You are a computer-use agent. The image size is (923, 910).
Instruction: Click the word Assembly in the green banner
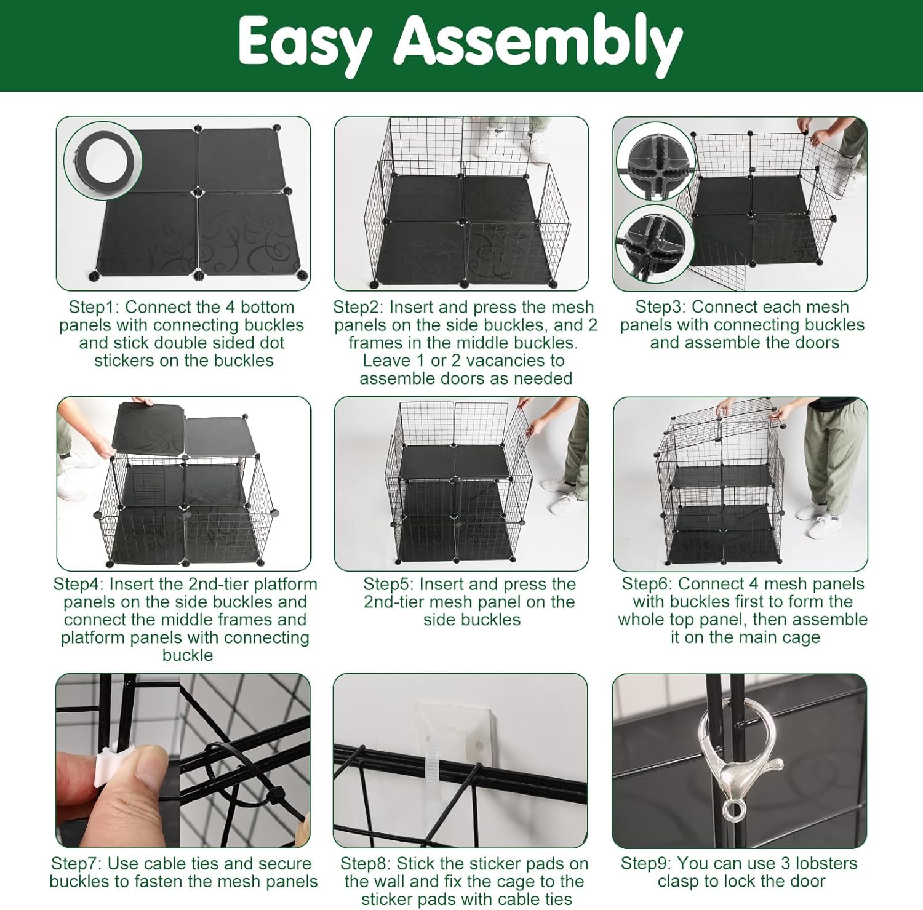538,44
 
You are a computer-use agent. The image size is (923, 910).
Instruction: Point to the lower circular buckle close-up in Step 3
656,244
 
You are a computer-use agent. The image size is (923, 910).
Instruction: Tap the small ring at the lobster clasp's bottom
733,810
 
